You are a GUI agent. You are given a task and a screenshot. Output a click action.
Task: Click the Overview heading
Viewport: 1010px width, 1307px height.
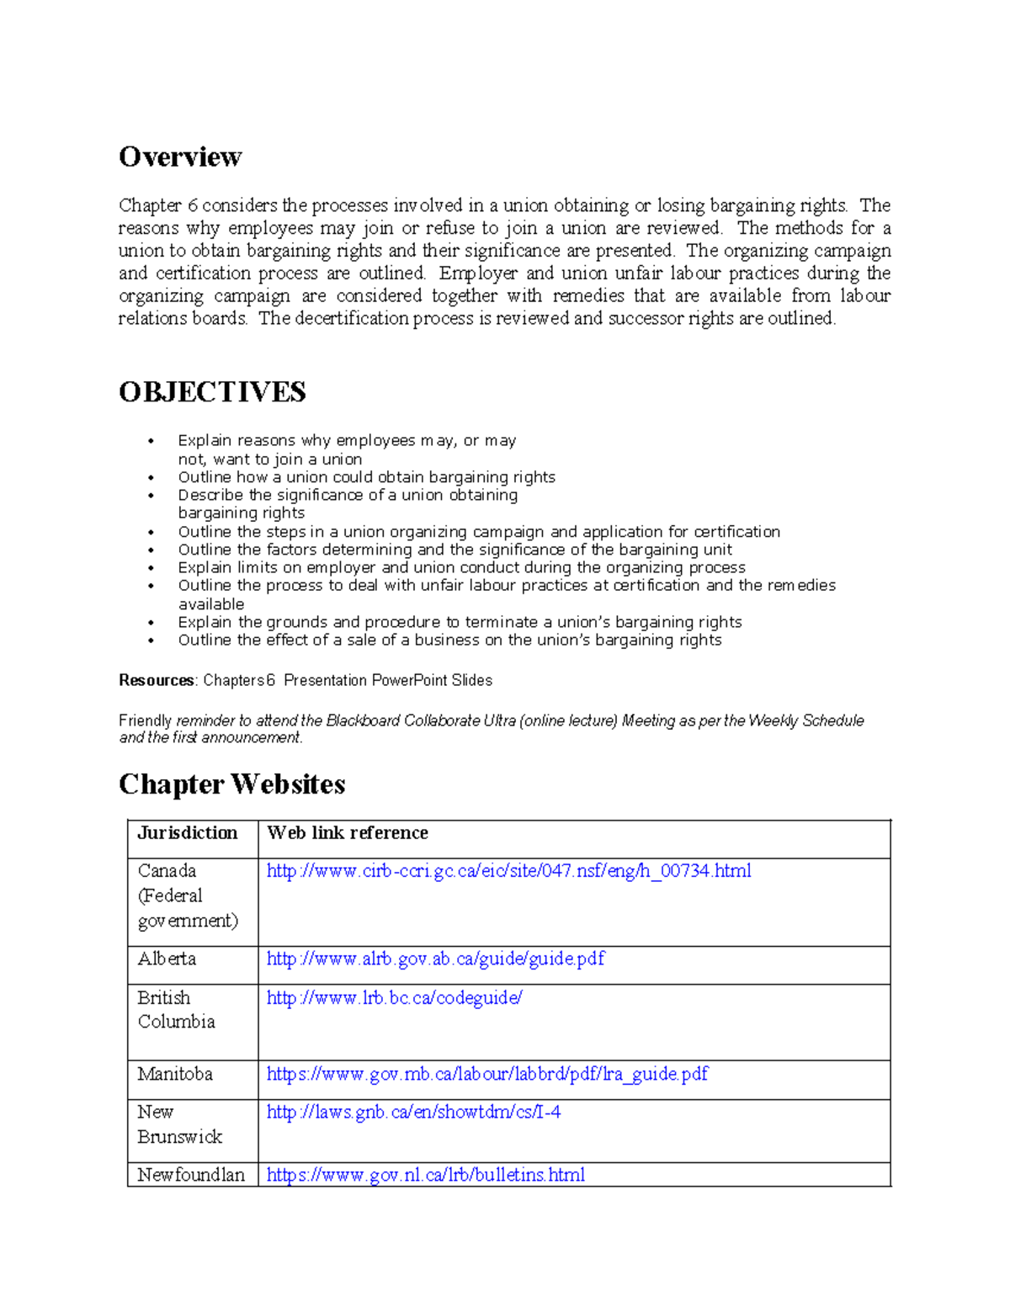click(x=180, y=157)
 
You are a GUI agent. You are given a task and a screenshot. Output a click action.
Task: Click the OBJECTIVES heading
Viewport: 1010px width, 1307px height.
click(x=212, y=392)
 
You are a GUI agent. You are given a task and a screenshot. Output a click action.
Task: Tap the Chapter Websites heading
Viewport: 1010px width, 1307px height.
click(x=232, y=784)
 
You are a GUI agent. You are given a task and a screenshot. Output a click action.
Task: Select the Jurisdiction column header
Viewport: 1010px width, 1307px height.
click(x=188, y=833)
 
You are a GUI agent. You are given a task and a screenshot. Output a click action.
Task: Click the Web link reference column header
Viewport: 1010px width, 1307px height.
click(x=348, y=833)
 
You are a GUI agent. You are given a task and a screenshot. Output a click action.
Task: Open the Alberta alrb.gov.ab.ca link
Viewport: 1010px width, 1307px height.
click(x=435, y=959)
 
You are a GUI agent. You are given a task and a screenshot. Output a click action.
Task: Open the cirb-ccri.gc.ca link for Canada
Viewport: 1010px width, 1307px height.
click(x=508, y=871)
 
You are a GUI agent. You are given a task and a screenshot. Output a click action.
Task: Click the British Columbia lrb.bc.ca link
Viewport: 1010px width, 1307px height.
click(x=394, y=998)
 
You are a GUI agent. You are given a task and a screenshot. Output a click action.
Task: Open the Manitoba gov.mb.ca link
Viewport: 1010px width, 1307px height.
click(x=486, y=1074)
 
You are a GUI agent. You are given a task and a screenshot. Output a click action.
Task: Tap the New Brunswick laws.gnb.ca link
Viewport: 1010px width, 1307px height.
click(x=413, y=1112)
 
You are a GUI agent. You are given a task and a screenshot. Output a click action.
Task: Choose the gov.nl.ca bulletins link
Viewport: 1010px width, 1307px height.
click(x=425, y=1175)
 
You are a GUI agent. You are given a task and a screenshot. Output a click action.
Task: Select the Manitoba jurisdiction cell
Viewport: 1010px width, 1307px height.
click(x=175, y=1074)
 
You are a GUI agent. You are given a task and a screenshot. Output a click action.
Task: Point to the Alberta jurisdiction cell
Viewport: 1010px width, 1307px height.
click(x=167, y=959)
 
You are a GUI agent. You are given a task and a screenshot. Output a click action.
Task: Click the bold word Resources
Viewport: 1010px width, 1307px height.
click(x=157, y=680)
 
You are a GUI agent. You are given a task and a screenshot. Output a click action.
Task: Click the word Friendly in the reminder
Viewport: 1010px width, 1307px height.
click(x=145, y=721)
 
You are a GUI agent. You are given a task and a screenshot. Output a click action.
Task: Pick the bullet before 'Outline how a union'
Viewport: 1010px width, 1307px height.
click(x=151, y=478)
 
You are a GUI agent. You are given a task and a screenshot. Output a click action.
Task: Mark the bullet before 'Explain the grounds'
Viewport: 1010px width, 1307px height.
click(x=151, y=624)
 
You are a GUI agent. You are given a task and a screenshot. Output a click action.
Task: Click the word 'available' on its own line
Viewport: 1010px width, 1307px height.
click(x=210, y=604)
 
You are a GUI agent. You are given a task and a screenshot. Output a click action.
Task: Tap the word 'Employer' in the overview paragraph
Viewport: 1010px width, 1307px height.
click(x=477, y=274)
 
